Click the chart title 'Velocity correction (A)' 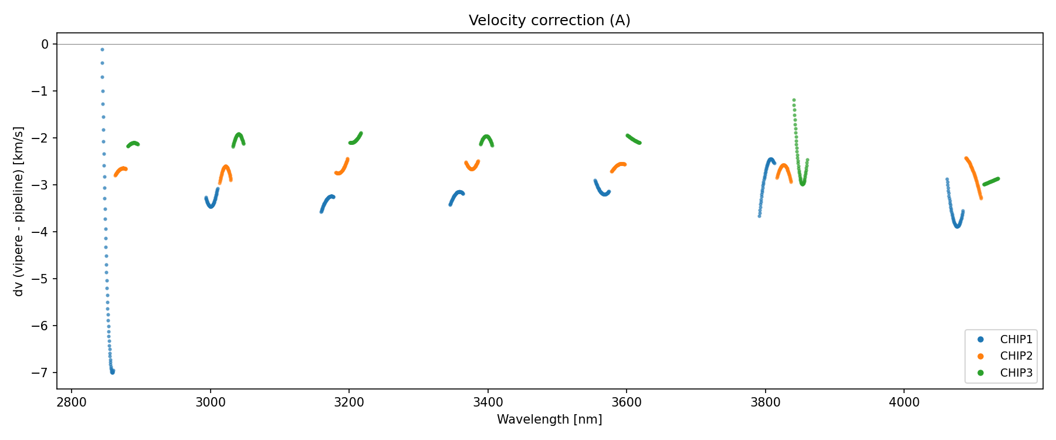click(549, 21)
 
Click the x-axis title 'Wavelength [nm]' click(549, 419)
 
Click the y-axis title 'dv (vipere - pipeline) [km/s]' click(19, 211)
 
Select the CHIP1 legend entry click(1016, 339)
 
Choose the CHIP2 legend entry click(1016, 356)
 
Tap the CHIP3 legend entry click(1016, 373)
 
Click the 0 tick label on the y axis click(45, 44)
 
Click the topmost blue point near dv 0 click(102, 50)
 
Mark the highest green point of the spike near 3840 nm click(794, 100)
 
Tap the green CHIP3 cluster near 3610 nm click(633, 139)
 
